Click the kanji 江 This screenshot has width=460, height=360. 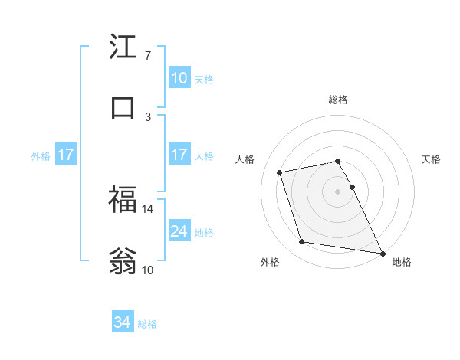click(x=123, y=48)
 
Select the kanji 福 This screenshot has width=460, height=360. click(x=123, y=200)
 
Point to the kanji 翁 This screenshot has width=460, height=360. click(x=123, y=260)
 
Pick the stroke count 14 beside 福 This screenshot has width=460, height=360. click(x=149, y=208)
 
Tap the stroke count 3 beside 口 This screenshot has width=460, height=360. click(x=147, y=116)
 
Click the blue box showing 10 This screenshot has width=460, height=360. click(x=179, y=78)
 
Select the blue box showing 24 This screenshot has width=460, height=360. click(x=179, y=231)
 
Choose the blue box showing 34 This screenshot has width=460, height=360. click(x=122, y=323)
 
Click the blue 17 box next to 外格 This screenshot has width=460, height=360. click(x=65, y=155)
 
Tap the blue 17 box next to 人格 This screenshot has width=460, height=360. click(x=179, y=155)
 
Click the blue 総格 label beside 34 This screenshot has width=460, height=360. click(x=147, y=324)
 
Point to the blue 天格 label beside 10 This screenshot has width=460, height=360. click(x=204, y=79)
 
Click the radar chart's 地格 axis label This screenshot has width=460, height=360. click(x=402, y=262)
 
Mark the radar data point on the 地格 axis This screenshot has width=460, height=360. click(x=382, y=252)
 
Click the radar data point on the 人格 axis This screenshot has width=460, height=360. click(x=280, y=172)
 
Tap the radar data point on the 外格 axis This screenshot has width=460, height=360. click(x=301, y=242)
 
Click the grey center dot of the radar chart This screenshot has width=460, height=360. click(x=337, y=191)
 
